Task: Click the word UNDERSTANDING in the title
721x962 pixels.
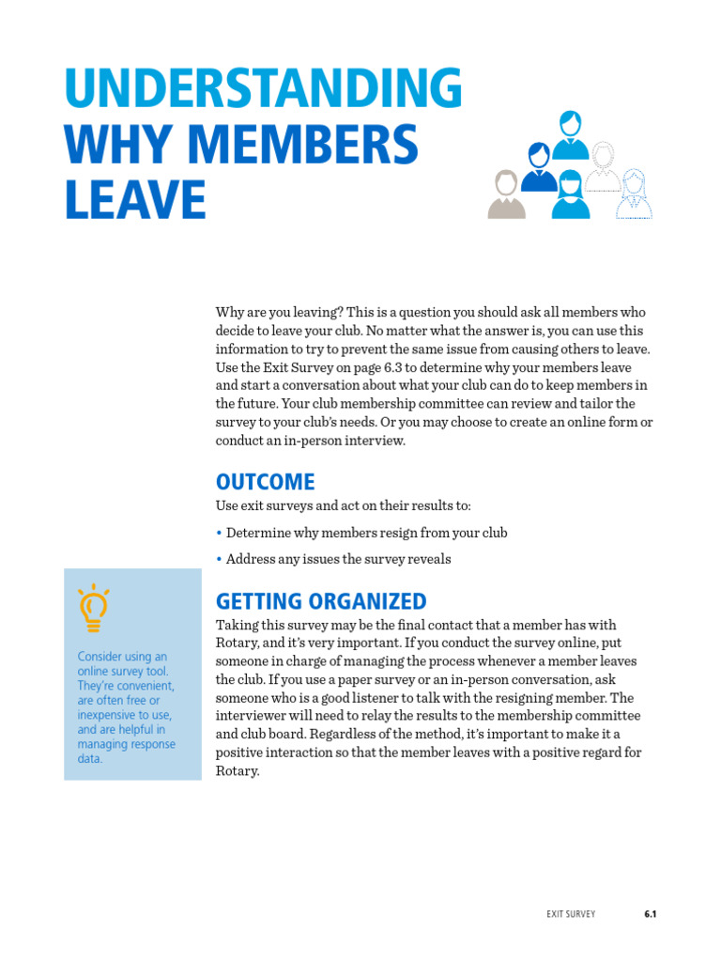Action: click(x=263, y=89)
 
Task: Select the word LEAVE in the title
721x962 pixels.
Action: click(x=135, y=200)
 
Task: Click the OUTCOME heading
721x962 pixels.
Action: click(x=265, y=482)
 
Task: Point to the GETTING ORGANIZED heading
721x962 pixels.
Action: click(x=321, y=601)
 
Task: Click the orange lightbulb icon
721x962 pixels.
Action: click(x=93, y=608)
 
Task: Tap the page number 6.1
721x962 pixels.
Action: click(x=650, y=913)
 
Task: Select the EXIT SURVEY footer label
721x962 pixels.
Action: click(x=571, y=913)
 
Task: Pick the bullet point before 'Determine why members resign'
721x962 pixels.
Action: click(x=219, y=533)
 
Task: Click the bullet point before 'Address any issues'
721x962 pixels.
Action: click(x=219, y=559)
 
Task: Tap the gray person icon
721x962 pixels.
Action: click(x=506, y=195)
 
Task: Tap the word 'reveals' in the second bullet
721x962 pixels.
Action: click(x=428, y=559)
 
